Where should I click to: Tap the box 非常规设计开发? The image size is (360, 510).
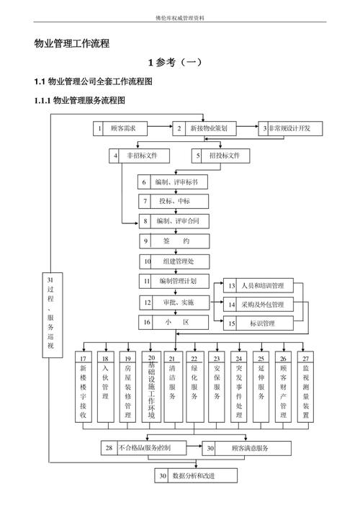coord(290,128)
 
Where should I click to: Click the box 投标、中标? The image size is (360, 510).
coord(174,201)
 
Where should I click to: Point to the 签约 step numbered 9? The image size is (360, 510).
coord(174,241)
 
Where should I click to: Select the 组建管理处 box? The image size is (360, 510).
coord(174,261)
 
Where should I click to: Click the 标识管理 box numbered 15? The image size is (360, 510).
coord(260,323)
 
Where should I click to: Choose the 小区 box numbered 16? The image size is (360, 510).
coord(174,322)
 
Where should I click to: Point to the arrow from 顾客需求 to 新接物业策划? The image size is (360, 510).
coord(160,128)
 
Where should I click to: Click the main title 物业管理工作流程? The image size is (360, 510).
coord(72,44)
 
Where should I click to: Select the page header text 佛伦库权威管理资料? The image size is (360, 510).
coord(180,16)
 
